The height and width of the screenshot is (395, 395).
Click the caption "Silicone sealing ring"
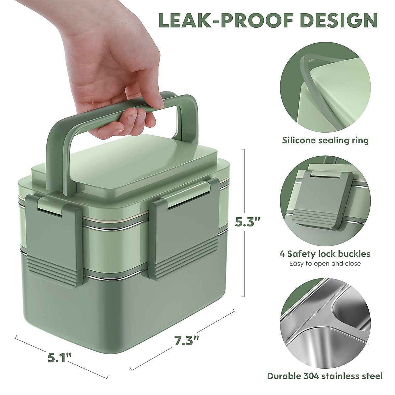[325, 141]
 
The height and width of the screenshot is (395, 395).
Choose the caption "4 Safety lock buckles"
[325, 254]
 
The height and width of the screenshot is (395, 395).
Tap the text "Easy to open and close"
[325, 263]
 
